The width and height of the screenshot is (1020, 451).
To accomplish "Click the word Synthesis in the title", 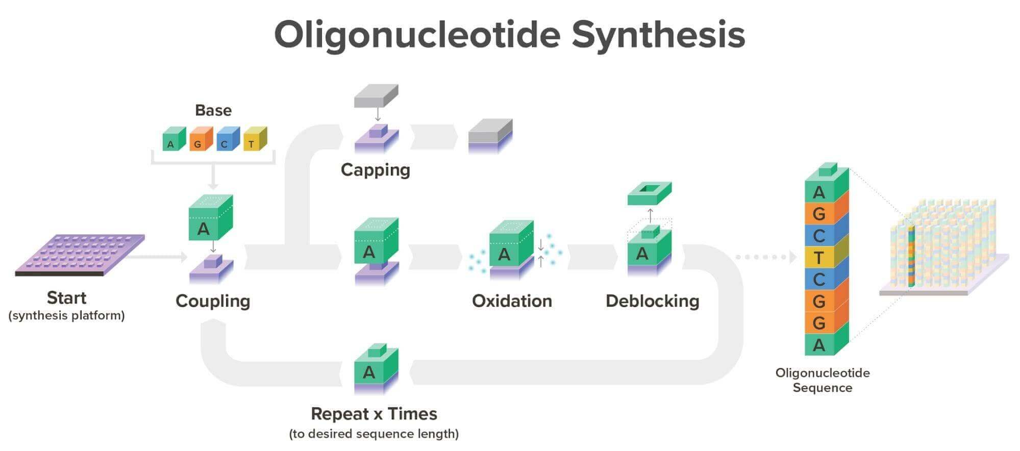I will click(658, 35).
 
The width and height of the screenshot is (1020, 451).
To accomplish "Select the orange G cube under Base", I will click(200, 140).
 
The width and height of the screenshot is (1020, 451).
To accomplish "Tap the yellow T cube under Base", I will click(254, 140).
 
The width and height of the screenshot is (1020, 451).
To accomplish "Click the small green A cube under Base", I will click(173, 140).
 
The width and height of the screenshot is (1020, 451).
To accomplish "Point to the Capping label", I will click(375, 170).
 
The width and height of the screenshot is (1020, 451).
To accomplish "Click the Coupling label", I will click(213, 301).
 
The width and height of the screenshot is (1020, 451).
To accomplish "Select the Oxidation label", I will click(512, 301).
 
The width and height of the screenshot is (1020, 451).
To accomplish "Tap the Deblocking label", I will click(652, 301).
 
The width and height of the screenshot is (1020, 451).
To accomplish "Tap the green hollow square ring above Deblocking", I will click(649, 194).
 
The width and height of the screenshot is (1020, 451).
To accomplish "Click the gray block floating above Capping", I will click(376, 96).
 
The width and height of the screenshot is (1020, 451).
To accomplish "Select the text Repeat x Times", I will click(374, 414).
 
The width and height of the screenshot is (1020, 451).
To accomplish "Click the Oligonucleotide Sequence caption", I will click(822, 380).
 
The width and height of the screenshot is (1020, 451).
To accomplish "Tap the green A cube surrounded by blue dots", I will click(508, 249).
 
